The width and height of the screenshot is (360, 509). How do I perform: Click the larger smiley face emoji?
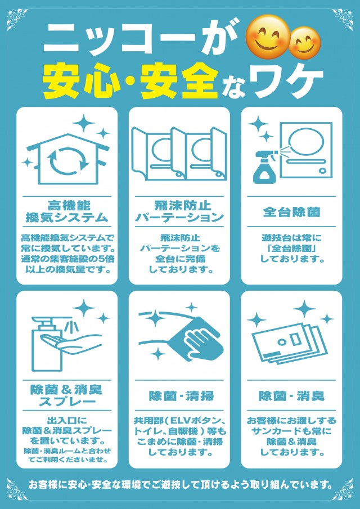[268, 37]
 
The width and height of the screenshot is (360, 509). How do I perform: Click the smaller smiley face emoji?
[305, 43]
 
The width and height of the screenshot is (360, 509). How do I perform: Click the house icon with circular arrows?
[66, 158]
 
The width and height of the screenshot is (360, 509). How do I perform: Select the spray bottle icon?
[263, 165]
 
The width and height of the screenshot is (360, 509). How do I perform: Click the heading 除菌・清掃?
[179, 396]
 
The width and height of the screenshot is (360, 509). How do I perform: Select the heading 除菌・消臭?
[291, 396]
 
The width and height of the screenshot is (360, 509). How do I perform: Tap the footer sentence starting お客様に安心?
[180, 484]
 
